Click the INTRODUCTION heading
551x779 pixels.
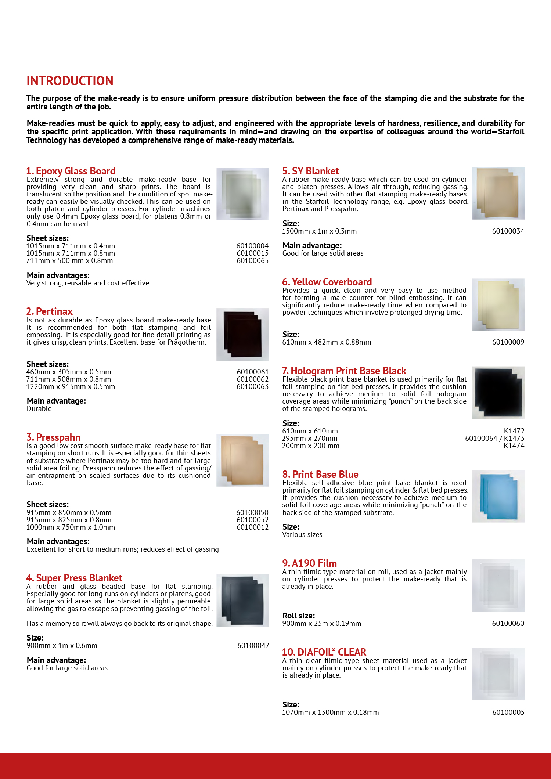click(70, 81)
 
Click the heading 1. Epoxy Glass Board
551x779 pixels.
click(71, 171)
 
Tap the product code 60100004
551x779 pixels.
click(252, 246)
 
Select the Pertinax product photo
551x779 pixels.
click(242, 334)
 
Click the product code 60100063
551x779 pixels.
click(252, 386)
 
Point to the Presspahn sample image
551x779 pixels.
click(242, 460)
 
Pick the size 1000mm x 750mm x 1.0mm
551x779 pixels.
click(71, 527)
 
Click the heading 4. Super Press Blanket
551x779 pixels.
click(74, 578)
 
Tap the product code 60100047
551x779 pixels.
click(253, 645)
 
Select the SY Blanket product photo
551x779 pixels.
click(498, 193)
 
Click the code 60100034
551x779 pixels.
click(508, 231)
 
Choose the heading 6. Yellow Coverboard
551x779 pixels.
click(327, 282)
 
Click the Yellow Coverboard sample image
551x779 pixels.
click(498, 304)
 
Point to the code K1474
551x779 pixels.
click(514, 446)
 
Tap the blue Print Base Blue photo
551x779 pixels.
click(498, 496)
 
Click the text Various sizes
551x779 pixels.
click(302, 534)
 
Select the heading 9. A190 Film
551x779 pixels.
click(309, 563)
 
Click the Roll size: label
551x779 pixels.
click(299, 616)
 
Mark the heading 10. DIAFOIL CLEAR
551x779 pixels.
click(324, 652)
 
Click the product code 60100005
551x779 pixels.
click(508, 712)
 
